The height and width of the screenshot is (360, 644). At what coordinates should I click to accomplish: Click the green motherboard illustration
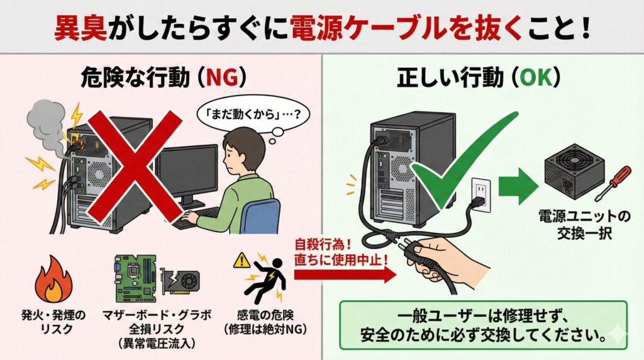(x=136, y=279)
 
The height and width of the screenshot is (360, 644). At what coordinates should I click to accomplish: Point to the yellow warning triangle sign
(x=242, y=260)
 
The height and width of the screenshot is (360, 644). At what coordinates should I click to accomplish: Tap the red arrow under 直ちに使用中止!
(x=345, y=274)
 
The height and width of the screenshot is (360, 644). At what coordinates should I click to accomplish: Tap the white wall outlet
(x=480, y=194)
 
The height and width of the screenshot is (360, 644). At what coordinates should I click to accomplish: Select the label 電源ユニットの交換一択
(x=584, y=225)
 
